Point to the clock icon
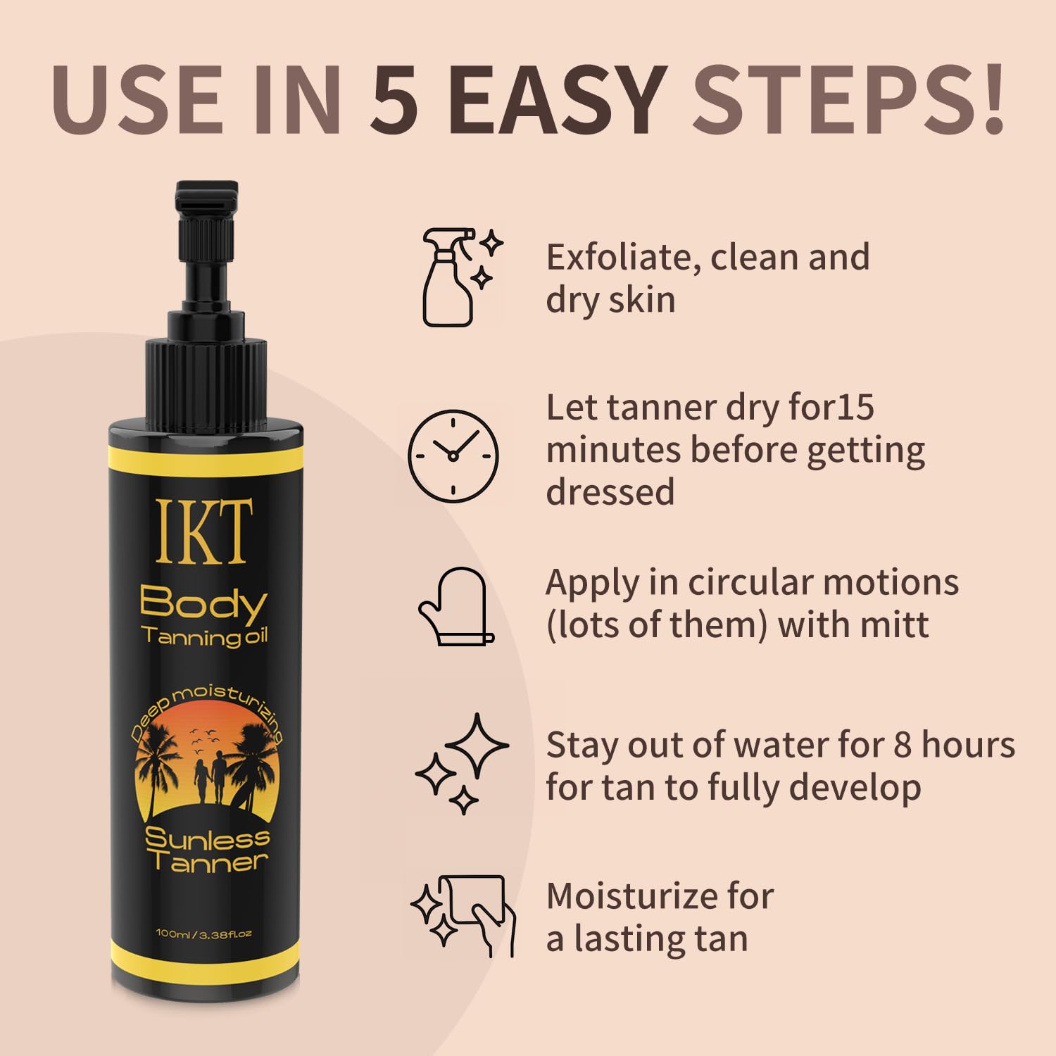pos(453,455)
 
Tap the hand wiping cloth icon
pos(464,915)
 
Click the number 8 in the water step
pos(903,745)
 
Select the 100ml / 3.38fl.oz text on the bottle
pos(203,934)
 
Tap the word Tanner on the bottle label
pos(208,862)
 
